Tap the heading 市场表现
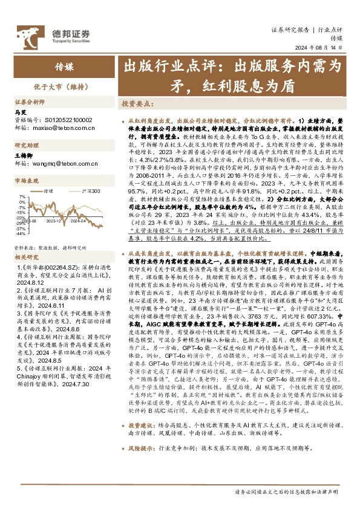click(25, 181)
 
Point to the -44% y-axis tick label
click(21, 233)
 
